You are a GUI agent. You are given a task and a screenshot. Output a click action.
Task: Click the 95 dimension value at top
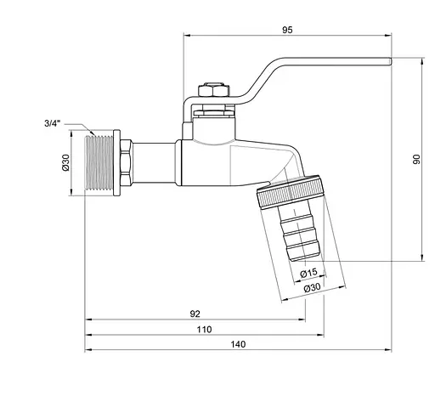(x=287, y=30)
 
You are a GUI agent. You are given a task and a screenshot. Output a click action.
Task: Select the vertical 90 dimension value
(x=416, y=160)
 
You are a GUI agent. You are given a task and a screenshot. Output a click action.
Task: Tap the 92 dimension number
(x=195, y=314)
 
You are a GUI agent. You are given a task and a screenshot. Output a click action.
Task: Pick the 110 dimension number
(x=205, y=329)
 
